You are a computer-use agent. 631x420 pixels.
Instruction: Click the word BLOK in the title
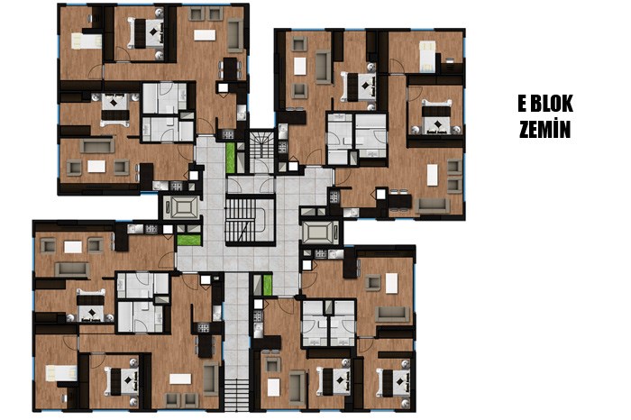[552, 105]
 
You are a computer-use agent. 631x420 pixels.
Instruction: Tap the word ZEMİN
[544, 129]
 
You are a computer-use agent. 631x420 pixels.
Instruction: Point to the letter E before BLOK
[522, 105]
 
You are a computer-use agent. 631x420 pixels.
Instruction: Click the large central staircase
[250, 220]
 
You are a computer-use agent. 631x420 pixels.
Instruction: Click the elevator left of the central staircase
[182, 207]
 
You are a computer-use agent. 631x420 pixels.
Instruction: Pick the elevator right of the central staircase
[319, 233]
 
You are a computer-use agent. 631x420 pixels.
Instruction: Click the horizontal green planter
[188, 241]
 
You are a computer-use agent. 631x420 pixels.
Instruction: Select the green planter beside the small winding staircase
[230, 158]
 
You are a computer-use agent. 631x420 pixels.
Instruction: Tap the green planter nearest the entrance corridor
[267, 285]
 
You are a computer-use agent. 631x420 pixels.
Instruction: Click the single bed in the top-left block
[87, 41]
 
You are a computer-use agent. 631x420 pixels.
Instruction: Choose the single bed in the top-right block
[427, 56]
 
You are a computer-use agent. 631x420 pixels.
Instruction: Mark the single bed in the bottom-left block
[61, 373]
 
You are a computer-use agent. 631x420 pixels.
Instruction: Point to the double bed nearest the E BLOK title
[436, 116]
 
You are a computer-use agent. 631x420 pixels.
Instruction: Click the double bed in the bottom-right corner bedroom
[395, 381]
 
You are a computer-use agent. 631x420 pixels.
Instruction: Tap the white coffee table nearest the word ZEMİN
[432, 175]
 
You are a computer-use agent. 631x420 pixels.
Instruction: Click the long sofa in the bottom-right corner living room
[392, 315]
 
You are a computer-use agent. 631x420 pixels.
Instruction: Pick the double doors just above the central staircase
[250, 185]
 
